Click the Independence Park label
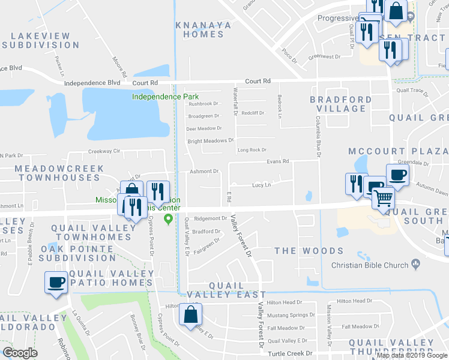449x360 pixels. coord(165,97)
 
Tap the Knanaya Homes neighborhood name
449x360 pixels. coord(200,29)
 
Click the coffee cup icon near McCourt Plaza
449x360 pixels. coord(397,175)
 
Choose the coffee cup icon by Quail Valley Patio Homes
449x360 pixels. coord(56,282)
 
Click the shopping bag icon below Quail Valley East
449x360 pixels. coord(190,314)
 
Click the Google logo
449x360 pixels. coord(20,353)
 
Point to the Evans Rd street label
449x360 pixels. coord(278,161)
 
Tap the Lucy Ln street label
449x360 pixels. coord(261,185)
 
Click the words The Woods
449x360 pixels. coord(309,251)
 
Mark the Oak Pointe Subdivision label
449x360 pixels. coord(77,253)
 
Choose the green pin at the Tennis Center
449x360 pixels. coord(169,218)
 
